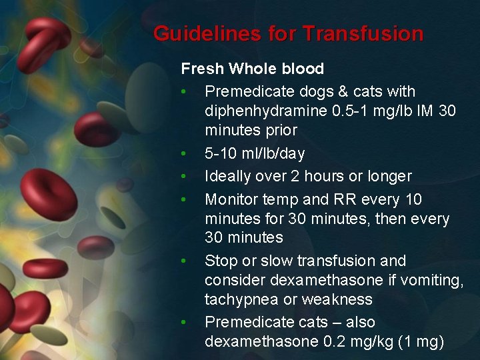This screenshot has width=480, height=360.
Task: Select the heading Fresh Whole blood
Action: pyautogui.click(x=252, y=69)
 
